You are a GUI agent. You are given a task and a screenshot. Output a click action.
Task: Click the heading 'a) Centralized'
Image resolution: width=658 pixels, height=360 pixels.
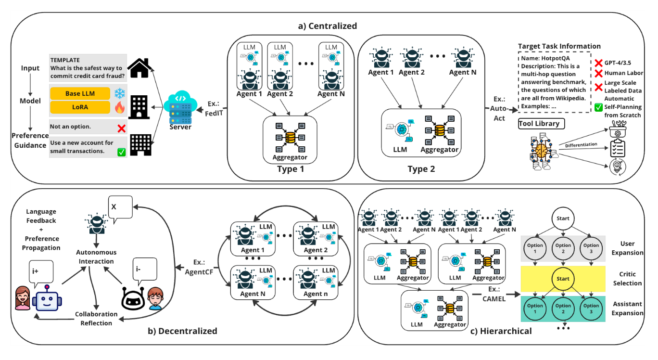328,26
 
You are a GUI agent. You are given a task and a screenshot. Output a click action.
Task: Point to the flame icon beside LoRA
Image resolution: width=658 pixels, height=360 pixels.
119,108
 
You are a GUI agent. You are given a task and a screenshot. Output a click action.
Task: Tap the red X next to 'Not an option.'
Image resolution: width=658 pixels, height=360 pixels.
121,129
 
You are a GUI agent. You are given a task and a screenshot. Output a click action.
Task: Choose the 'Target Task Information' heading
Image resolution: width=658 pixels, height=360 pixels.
559,46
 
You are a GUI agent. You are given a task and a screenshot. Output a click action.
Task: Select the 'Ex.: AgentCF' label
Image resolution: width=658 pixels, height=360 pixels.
198,267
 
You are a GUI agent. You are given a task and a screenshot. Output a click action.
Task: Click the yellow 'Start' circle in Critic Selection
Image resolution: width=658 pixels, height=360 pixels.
563,279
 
